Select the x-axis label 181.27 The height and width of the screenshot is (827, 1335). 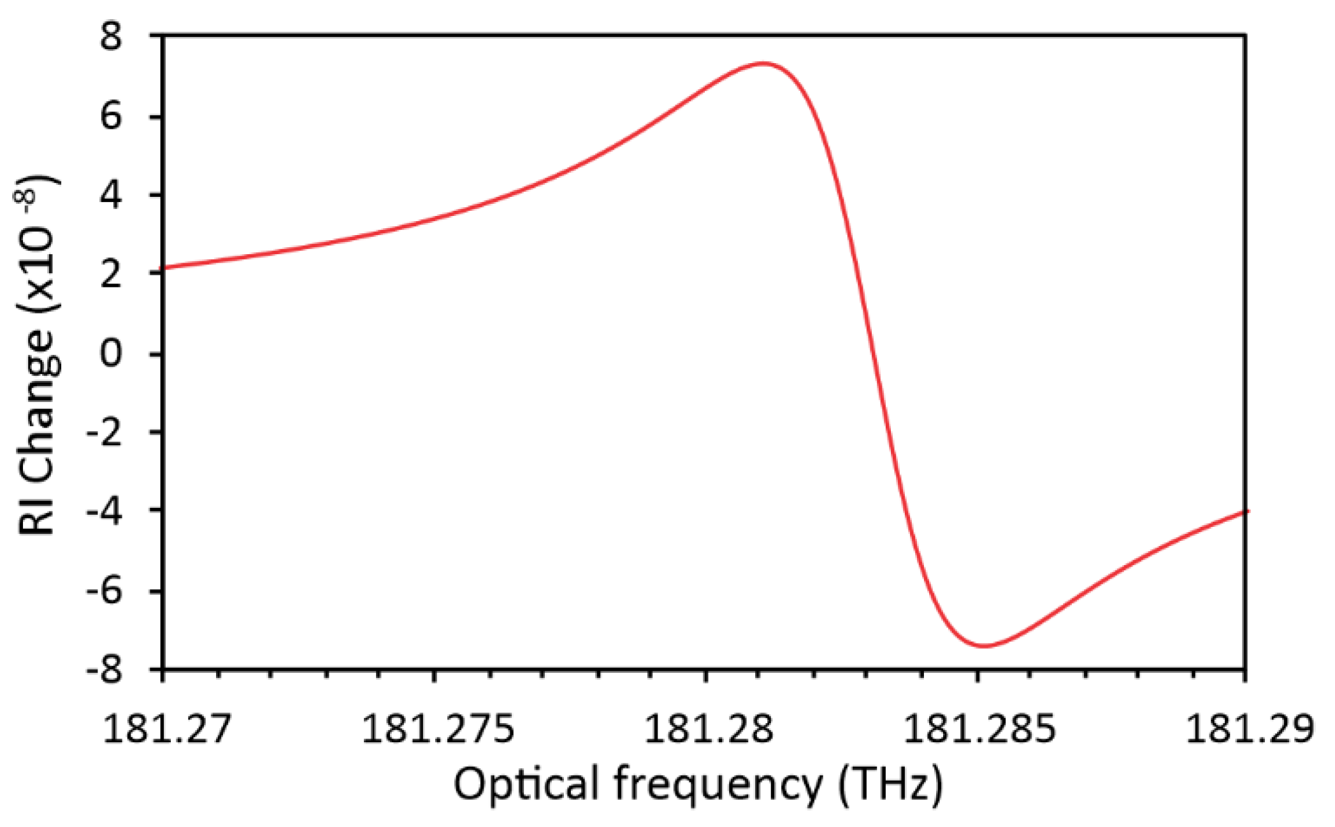165,728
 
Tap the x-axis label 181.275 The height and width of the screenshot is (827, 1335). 437,728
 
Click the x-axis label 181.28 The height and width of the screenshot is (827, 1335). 708,728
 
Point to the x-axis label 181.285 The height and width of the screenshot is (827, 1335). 979,728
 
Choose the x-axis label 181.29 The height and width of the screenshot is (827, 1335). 1249,728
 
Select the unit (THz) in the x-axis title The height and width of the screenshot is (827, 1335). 890,785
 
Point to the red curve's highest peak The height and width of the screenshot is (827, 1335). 763,64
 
